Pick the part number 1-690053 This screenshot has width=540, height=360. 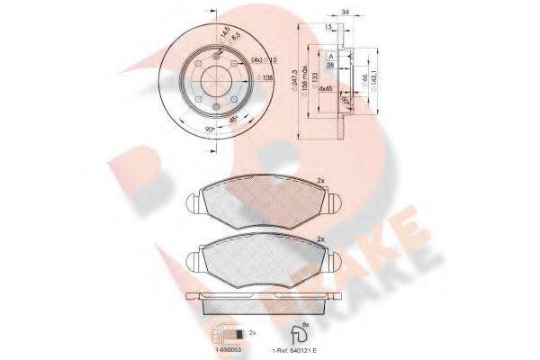pos(223,345)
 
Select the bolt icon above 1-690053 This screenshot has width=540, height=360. pos(225,329)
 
